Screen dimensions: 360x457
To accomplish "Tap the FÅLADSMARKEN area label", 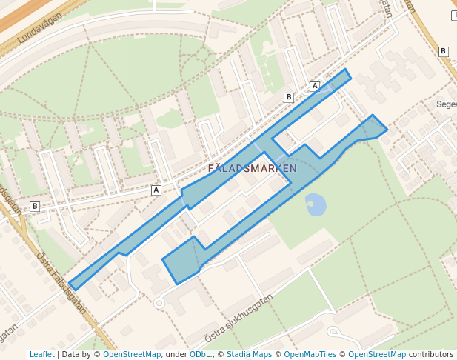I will point(252,169).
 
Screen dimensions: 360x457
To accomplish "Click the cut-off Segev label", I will point(447,104).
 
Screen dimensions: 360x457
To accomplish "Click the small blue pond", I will point(315,204).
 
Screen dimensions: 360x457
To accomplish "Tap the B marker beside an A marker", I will point(289,97).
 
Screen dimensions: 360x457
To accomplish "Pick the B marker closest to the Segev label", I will point(443,51).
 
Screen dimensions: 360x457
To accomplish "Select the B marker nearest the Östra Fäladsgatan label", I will point(34,206).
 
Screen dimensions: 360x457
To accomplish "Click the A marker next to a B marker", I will point(315,87).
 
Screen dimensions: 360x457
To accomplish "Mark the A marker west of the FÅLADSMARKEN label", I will point(156,190).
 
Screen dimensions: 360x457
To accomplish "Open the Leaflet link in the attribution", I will point(41,355).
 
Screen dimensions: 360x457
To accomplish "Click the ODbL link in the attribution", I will point(200,355).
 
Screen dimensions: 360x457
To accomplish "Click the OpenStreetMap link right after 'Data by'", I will point(131,355).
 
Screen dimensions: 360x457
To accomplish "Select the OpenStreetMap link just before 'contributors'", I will point(377,355).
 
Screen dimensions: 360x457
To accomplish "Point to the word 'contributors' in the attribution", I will point(430,355).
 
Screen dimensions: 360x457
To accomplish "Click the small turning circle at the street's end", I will point(159,303).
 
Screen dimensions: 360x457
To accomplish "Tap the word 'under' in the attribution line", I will point(176,355).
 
